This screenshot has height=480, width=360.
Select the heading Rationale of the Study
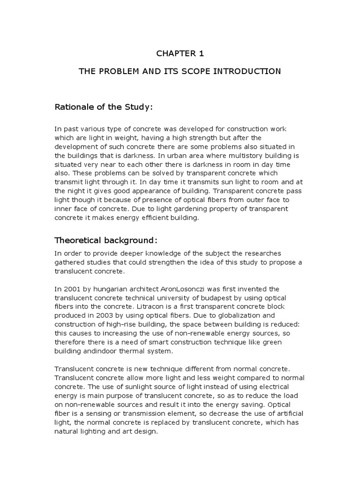104,107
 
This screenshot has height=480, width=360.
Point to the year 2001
71,289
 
